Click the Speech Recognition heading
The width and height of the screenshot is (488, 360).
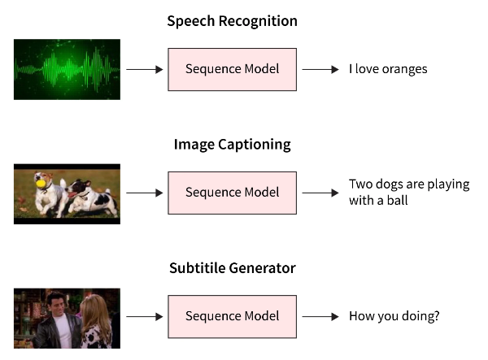(232, 21)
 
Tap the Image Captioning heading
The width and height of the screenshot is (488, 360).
(232, 145)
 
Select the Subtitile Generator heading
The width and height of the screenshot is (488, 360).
(232, 268)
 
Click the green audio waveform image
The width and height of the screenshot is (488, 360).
(67, 69)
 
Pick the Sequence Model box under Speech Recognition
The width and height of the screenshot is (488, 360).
(232, 69)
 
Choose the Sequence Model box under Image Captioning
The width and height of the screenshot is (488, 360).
(232, 193)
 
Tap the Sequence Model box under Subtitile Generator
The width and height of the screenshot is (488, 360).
(232, 316)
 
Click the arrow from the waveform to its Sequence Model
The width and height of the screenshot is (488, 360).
(144, 69)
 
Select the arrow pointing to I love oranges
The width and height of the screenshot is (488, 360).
(320, 69)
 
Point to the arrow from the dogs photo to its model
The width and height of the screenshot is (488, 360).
(144, 193)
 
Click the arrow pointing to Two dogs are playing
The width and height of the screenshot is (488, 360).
(320, 193)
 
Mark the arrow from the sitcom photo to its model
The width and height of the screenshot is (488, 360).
(144, 316)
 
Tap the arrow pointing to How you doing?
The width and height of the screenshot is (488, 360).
(320, 316)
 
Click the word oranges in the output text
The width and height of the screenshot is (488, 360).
(402, 69)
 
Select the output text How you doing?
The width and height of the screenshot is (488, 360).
(394, 316)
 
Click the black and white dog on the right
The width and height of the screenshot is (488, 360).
(91, 197)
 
